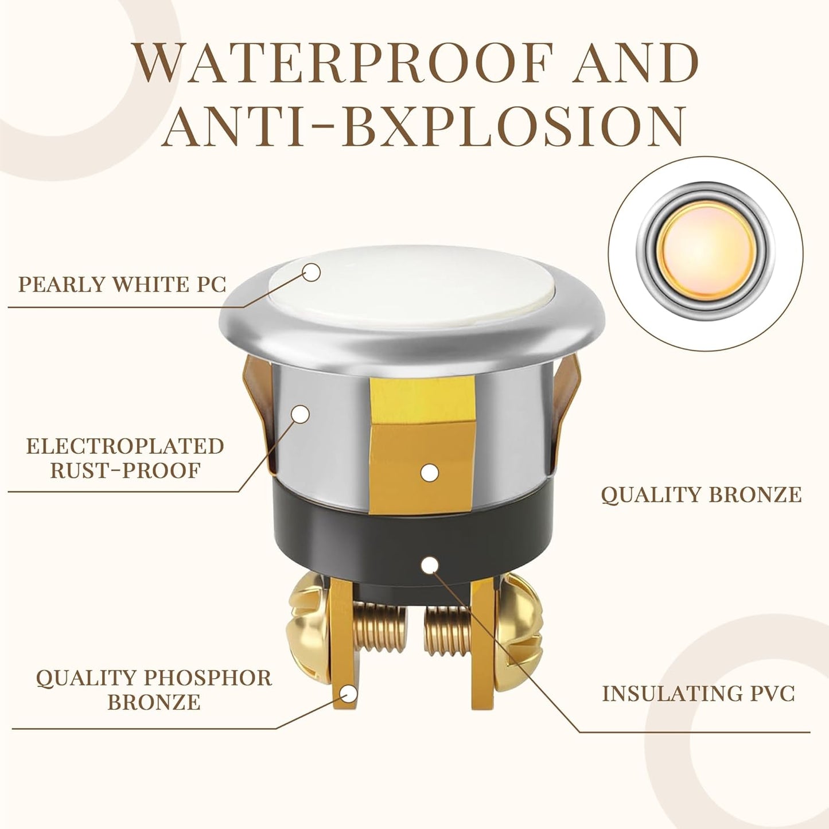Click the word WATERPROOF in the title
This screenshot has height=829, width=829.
point(344,63)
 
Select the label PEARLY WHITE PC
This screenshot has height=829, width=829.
point(122,285)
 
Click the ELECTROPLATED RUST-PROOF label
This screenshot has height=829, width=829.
point(125,458)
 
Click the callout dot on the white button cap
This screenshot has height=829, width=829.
point(311,273)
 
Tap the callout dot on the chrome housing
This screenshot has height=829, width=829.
point(300,414)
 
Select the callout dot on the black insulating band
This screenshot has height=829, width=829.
point(429,565)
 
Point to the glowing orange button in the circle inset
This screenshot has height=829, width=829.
point(706,250)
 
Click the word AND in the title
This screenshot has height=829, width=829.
point(635,63)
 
